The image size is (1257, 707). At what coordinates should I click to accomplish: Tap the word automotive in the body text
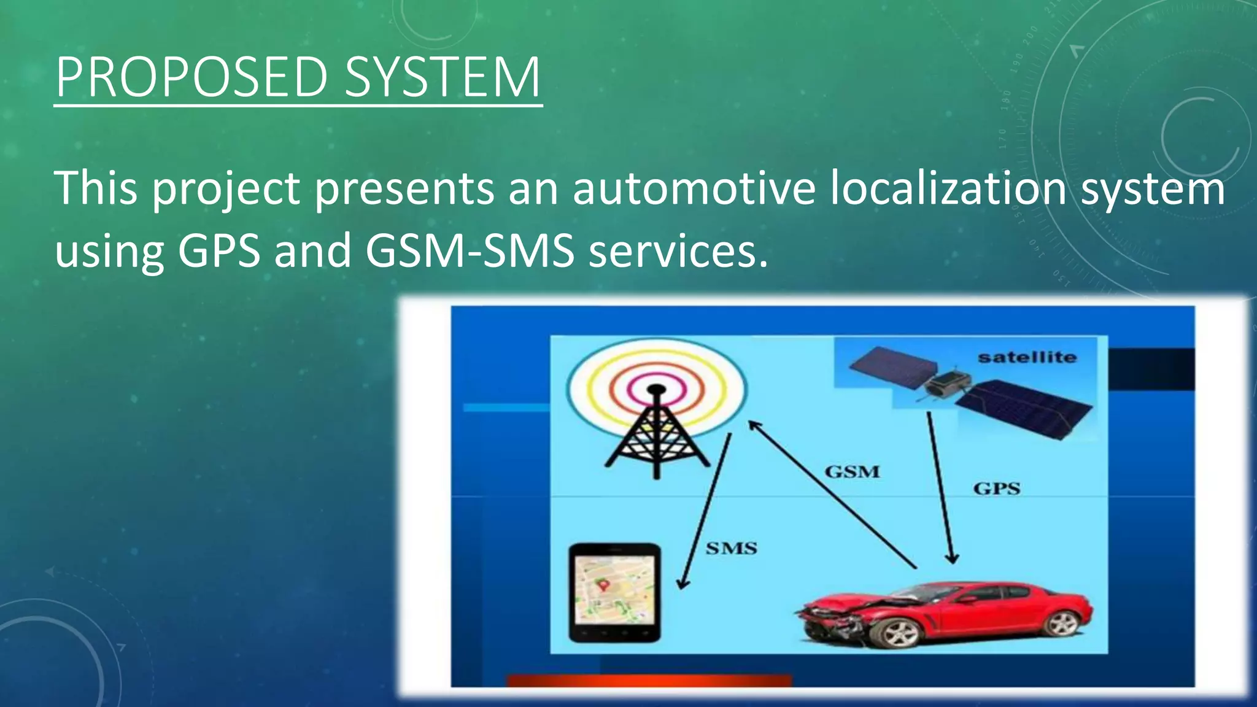pos(694,188)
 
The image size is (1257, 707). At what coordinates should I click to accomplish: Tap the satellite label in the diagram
pos(1027,357)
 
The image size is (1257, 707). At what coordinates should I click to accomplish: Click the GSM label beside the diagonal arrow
pos(852,471)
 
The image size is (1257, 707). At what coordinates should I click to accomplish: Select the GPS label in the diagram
pos(996,489)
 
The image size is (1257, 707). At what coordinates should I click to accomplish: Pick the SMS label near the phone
pos(731,548)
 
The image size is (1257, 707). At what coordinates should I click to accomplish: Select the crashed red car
pos(945,614)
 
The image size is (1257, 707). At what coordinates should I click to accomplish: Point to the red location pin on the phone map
pos(603,585)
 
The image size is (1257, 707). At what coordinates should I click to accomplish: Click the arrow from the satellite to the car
pos(940,488)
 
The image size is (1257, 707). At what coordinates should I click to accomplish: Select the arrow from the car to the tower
pos(832,494)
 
